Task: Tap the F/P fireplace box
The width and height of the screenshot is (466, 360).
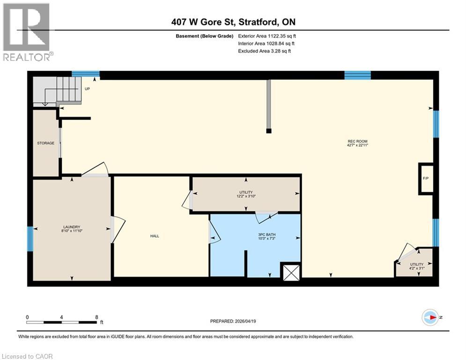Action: (426, 179)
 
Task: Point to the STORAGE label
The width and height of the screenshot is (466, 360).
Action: (46, 143)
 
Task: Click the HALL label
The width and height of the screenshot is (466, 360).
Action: (154, 236)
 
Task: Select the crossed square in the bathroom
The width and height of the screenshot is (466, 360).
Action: (290, 272)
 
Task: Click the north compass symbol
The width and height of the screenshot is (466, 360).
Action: (431, 317)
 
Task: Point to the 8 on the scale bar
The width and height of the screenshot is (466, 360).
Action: (96, 317)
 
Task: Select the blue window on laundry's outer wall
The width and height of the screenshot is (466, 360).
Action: (30, 239)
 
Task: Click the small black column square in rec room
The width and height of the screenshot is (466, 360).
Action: (268, 131)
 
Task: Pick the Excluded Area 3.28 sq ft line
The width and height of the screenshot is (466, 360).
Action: (265, 51)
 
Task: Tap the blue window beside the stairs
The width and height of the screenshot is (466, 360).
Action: (86, 74)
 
